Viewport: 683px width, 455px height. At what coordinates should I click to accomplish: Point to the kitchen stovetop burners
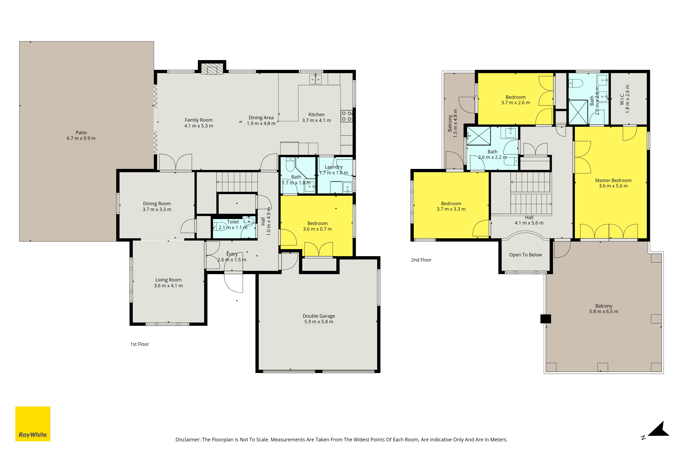pos(346,116)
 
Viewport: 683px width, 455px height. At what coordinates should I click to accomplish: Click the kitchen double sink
pos(315,79)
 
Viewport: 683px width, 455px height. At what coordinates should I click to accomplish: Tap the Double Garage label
pos(319,316)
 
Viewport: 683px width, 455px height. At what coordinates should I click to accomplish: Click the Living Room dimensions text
pos(168,286)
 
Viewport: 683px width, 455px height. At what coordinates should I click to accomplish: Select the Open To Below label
pos(525,255)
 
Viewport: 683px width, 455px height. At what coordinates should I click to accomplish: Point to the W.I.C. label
pos(622,99)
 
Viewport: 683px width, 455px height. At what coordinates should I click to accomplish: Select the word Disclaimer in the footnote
pos(188,440)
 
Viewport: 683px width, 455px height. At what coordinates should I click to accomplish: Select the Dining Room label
pos(157,204)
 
